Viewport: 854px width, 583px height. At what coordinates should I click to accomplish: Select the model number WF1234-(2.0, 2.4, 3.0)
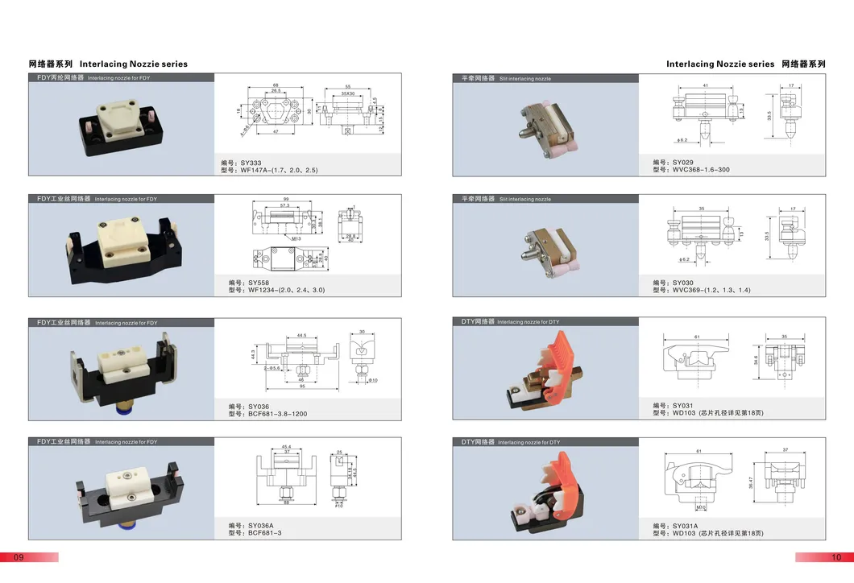(x=276, y=290)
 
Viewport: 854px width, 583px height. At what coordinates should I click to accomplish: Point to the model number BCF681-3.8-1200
(x=267, y=414)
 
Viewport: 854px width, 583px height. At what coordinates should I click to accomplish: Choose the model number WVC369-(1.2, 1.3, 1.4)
(x=701, y=290)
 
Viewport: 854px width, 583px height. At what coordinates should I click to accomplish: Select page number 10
(x=836, y=557)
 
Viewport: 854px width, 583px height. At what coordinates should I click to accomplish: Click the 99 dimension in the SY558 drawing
(x=285, y=200)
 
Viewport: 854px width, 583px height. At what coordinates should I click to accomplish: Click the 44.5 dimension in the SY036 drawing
(x=301, y=335)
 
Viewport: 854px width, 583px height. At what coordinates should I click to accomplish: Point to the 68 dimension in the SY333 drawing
(x=275, y=85)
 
